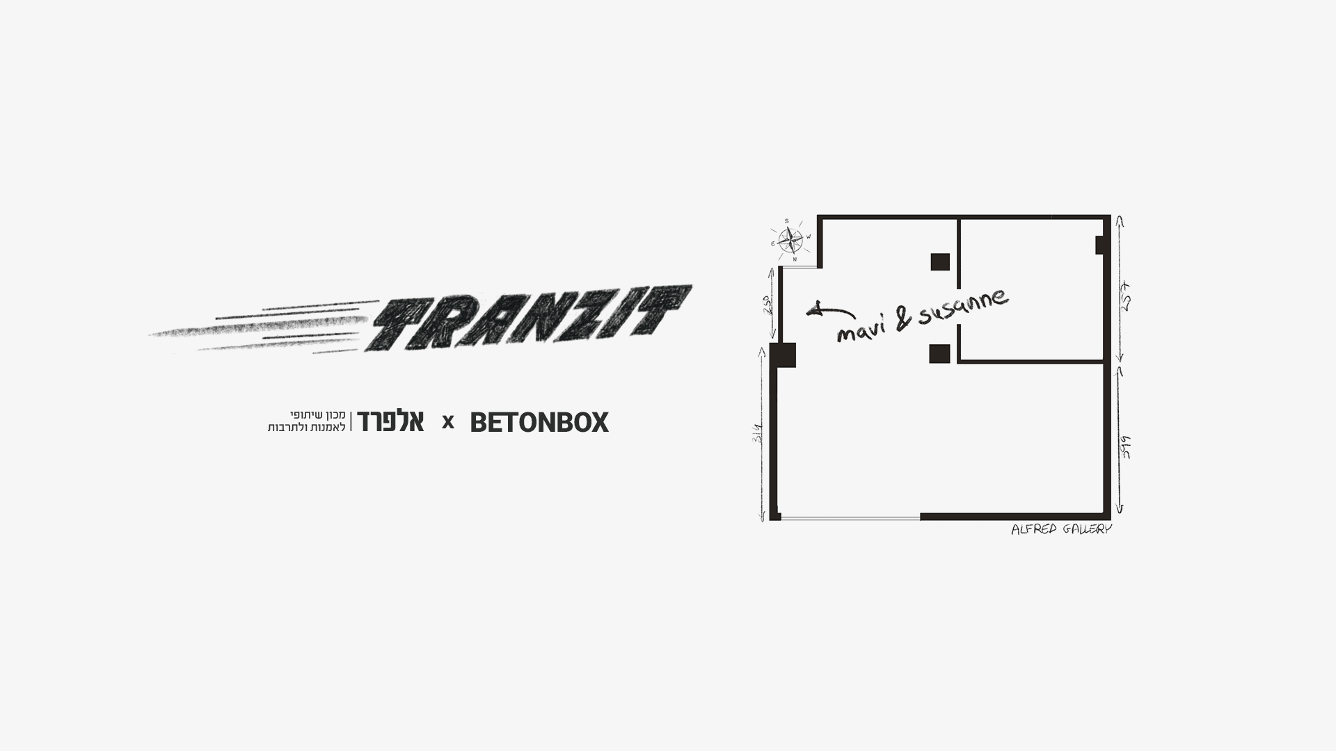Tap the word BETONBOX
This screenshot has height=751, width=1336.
pos(539,422)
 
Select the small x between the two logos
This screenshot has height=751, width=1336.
pos(448,422)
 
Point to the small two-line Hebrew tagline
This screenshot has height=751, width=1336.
pos(307,421)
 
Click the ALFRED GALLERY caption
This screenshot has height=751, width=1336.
pos(1061,530)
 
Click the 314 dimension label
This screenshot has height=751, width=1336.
pos(758,436)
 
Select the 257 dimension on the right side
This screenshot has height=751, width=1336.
pos(1125,296)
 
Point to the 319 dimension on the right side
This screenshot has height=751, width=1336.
pos(1125,446)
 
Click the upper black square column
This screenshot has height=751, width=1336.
pos(940,261)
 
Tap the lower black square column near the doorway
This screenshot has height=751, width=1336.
pos(939,354)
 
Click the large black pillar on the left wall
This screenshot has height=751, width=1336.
pos(784,355)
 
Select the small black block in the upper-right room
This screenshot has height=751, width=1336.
pos(1100,245)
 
